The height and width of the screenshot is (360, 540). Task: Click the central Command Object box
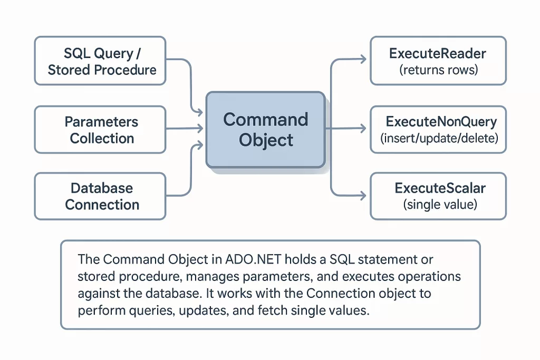(265, 130)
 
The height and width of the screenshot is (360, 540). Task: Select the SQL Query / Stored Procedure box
(100, 61)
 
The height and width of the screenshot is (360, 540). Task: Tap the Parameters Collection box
(100, 130)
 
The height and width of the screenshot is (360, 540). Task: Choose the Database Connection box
(100, 196)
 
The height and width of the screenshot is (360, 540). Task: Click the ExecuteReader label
(438, 53)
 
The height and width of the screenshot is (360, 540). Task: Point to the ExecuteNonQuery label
(441, 122)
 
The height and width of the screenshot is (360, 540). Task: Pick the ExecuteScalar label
(440, 188)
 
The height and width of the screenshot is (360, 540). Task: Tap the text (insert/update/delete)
(439, 139)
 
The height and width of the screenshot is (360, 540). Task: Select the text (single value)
(440, 205)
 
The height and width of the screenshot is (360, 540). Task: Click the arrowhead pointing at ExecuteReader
(362, 60)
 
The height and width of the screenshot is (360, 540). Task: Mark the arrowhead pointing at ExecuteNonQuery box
(362, 128)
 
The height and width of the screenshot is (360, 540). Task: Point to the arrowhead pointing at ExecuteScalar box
(362, 196)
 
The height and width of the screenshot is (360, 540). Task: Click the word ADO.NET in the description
(248, 260)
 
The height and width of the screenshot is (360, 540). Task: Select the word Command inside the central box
(265, 120)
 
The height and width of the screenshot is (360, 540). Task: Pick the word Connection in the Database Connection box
(102, 205)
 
